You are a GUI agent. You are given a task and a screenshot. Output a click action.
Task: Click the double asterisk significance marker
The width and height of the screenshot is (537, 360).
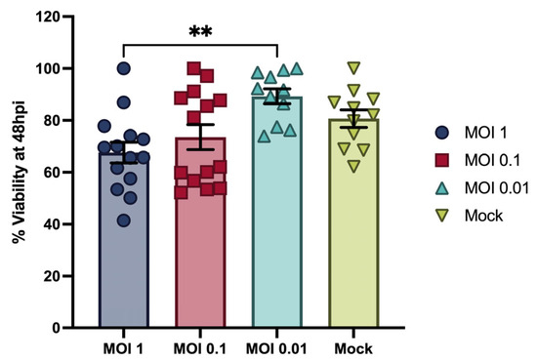(x=200, y=32)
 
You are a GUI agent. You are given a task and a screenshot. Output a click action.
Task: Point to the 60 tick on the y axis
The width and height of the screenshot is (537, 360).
(x=67, y=172)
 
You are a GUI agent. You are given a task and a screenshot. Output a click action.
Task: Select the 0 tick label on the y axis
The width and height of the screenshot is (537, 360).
(x=56, y=328)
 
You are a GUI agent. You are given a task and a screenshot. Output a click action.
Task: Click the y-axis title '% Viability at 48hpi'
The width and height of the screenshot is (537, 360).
(x=19, y=172)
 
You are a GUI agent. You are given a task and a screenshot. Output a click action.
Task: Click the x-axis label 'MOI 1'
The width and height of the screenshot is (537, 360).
(x=123, y=349)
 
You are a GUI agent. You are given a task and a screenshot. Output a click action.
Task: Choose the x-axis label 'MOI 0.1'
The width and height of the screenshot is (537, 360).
(x=200, y=349)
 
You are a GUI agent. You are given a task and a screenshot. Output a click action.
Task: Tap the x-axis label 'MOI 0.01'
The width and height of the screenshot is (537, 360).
(x=276, y=349)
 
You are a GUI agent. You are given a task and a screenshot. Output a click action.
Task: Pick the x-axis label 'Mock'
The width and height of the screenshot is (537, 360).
(x=353, y=349)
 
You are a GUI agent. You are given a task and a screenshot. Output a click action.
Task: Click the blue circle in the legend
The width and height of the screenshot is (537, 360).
(x=442, y=133)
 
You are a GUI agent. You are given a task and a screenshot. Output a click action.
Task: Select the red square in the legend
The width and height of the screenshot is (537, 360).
(x=442, y=160)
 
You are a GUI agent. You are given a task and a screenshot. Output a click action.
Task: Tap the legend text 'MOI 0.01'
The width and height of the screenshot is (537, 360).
(x=497, y=188)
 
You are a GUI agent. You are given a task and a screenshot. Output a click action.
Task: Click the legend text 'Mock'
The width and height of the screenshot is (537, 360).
(x=483, y=216)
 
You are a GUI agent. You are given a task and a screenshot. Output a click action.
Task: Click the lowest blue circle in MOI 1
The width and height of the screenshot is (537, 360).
(x=124, y=220)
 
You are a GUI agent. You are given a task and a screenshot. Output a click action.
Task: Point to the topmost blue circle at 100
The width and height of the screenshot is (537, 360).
(x=124, y=68)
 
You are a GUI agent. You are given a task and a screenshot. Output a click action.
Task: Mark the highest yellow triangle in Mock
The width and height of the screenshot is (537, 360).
(x=353, y=67)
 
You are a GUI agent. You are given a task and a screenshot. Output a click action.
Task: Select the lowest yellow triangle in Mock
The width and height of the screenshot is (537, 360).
(x=353, y=166)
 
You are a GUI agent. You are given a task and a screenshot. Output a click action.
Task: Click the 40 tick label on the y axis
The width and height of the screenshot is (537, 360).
(x=52, y=224)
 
